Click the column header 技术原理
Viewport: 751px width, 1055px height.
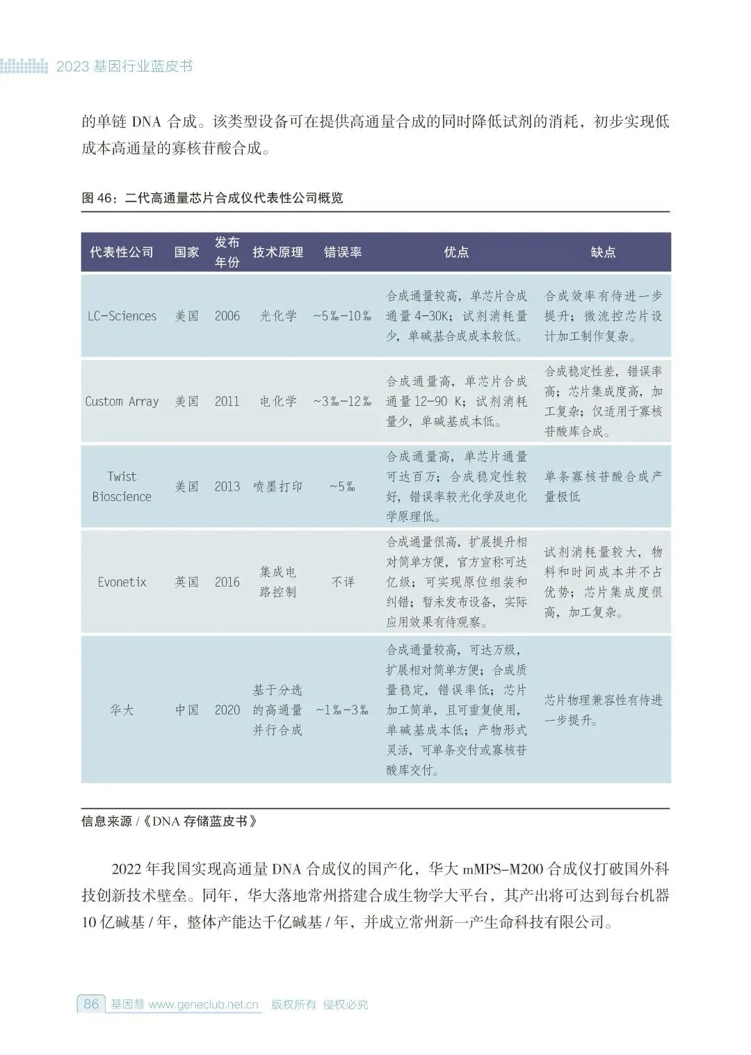[x=277, y=252]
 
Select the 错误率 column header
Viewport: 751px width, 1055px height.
[x=343, y=252]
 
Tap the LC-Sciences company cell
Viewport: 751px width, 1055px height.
[x=122, y=316]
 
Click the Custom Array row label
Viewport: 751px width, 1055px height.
[x=122, y=401]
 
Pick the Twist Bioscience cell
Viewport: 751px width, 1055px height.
[x=122, y=486]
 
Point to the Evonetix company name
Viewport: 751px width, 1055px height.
[x=122, y=582]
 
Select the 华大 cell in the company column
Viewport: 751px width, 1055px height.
[x=122, y=710]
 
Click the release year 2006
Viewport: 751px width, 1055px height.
[x=227, y=316]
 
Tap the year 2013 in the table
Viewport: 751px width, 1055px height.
[x=227, y=486]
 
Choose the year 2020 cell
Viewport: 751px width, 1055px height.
[x=227, y=710]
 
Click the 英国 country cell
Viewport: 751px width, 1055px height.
[x=186, y=582]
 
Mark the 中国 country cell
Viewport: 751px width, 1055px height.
[x=186, y=710]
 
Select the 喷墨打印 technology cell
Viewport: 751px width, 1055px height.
[x=277, y=486]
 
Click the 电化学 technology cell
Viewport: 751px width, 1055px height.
[x=277, y=401]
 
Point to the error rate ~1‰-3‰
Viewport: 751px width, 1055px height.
[x=342, y=710]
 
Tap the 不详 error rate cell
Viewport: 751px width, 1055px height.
[x=342, y=582]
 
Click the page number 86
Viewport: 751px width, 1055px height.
[x=91, y=1004]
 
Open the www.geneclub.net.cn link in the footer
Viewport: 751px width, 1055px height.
[x=203, y=1004]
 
